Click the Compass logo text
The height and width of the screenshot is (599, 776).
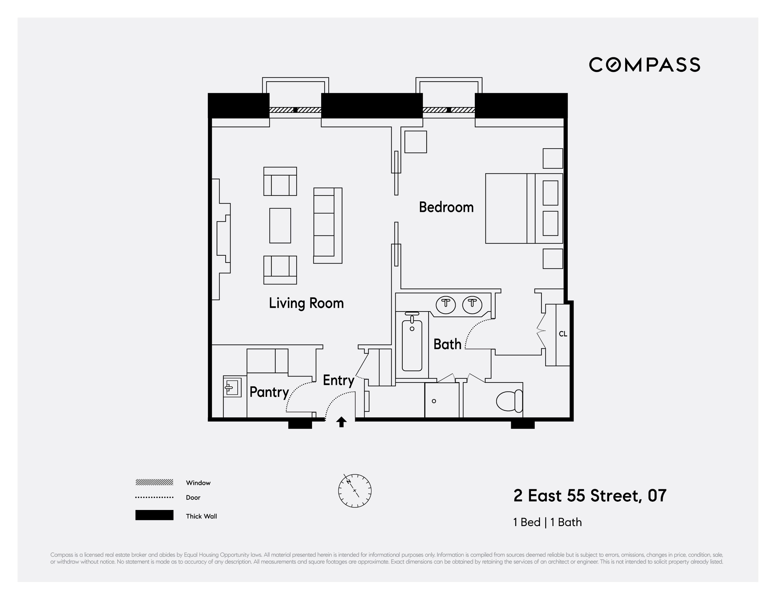tap(644, 65)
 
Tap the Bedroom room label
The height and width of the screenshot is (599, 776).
tap(446, 207)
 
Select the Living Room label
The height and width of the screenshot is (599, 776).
tap(306, 303)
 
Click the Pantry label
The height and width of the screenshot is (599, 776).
tap(269, 392)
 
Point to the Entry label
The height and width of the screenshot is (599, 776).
tap(338, 380)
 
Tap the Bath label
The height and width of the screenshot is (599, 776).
tap(447, 344)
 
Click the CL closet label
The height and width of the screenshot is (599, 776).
tap(563, 334)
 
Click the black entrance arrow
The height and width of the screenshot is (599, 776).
tap(341, 422)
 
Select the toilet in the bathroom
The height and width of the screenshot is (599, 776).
tap(509, 401)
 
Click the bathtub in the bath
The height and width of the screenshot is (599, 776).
tap(412, 345)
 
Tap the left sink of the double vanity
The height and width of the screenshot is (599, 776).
tap(446, 305)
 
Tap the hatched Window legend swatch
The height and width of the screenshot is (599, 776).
tap(154, 482)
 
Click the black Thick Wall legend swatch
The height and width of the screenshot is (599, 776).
tap(154, 515)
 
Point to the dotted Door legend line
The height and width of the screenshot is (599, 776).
tap(154, 498)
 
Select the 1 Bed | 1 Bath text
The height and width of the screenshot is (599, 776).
tap(547, 522)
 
